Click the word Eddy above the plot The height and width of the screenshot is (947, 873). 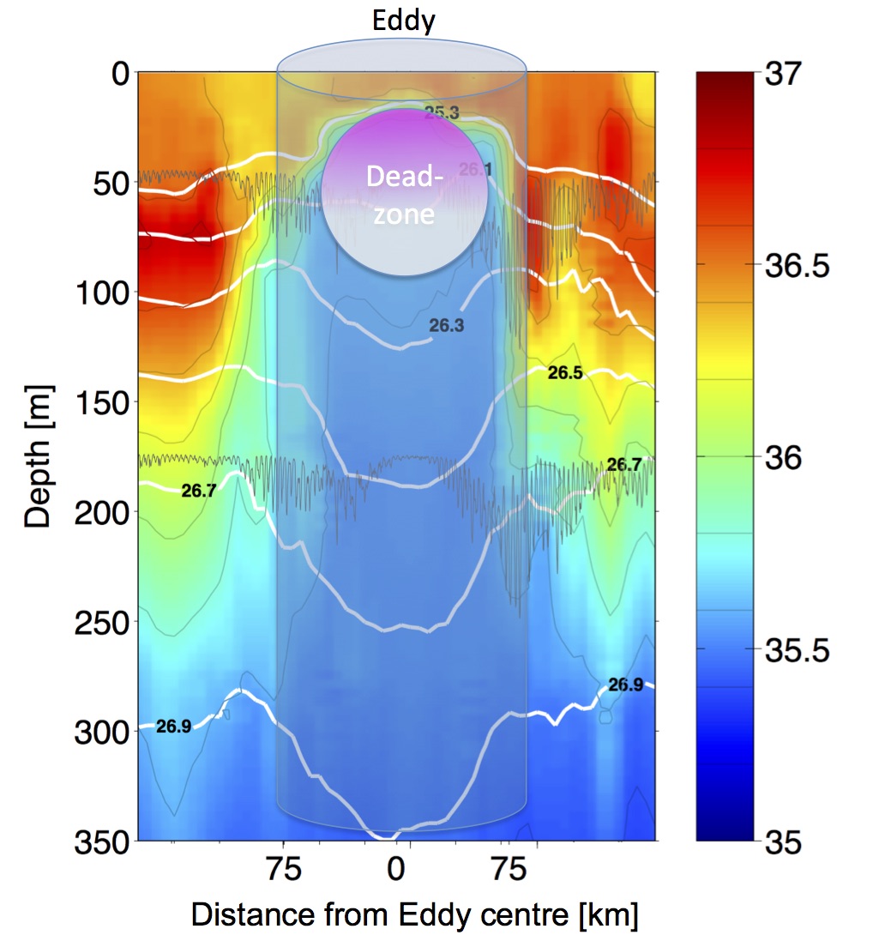click(x=403, y=21)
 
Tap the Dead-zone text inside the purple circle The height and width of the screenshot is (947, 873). click(x=405, y=195)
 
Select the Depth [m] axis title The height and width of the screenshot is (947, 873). click(x=38, y=456)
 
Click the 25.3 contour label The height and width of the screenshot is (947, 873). click(x=441, y=112)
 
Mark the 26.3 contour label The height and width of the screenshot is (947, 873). click(x=447, y=325)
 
